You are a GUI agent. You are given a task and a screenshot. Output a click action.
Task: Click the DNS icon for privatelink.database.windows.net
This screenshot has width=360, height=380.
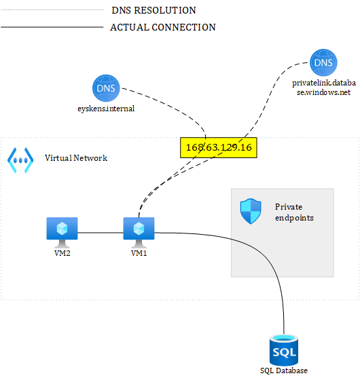(322, 62)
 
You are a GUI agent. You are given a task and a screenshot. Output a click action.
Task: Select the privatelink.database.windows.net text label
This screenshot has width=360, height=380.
(322, 87)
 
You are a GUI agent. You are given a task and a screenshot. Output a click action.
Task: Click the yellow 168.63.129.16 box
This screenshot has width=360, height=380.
(219, 147)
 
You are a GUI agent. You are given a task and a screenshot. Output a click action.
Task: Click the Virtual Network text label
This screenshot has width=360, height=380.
(76, 158)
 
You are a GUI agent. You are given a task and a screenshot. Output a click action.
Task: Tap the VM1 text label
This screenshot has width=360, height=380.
(139, 254)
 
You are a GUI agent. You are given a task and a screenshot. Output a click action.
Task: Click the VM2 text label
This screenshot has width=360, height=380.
(62, 254)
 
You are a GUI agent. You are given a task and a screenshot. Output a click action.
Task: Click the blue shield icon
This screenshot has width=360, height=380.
(251, 212)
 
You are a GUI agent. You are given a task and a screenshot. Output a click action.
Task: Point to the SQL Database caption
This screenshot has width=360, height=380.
(283, 370)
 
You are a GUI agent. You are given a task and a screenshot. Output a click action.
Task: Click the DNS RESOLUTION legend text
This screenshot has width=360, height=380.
(154, 10)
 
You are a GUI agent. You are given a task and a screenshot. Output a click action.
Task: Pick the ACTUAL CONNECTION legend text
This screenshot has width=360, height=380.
(163, 28)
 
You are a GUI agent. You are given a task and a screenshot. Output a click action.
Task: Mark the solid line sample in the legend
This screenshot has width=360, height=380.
(51, 28)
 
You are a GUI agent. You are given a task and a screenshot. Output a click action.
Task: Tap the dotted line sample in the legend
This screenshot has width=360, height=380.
(51, 10)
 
